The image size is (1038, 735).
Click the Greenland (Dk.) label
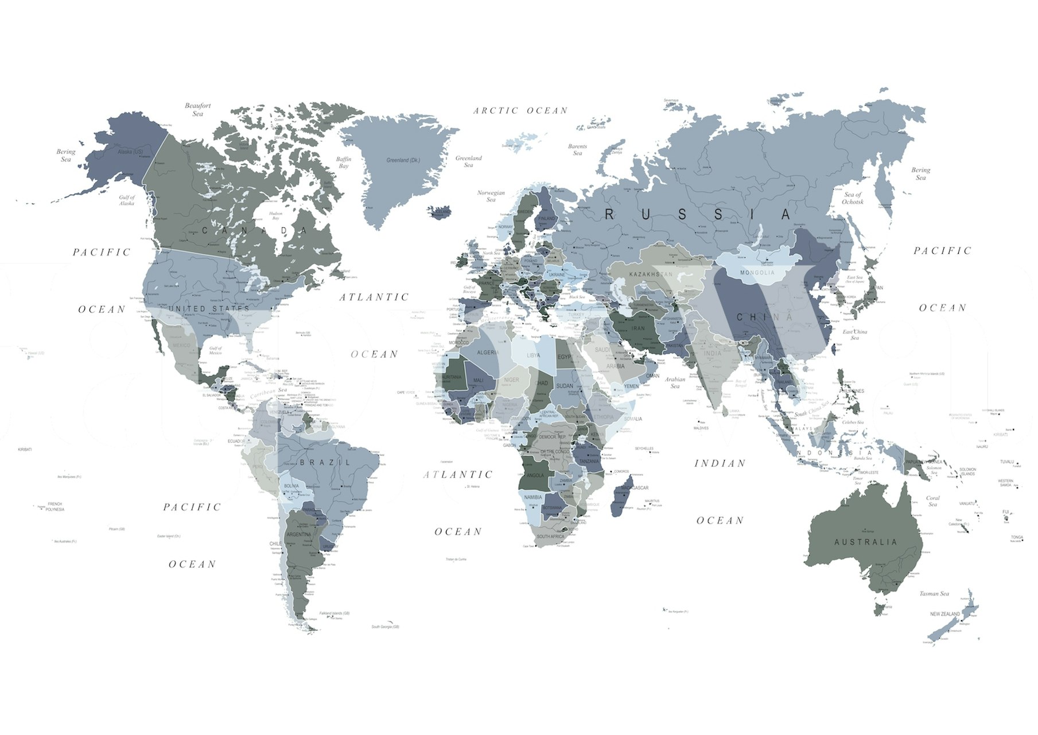coord(403,160)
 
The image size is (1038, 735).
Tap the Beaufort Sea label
coord(198,110)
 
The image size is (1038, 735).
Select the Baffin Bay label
coord(344,163)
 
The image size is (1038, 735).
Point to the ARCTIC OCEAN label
coord(520,110)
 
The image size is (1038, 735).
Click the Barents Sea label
coord(577,150)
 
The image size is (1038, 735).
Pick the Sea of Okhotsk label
coord(853,198)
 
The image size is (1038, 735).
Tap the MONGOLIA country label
coord(757,272)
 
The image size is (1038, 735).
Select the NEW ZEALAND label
coord(945,614)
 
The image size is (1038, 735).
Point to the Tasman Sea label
coord(934,594)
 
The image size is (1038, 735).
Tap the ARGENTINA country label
coord(298,535)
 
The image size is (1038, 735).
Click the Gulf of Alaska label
coord(127,200)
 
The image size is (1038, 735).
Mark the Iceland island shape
coord(440,212)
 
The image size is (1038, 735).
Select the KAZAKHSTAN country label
coord(651,274)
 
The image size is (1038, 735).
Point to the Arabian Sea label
coord(675,382)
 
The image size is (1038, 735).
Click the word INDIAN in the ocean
coord(720,463)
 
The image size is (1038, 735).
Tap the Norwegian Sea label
coord(491,196)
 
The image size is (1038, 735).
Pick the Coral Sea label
coord(933,501)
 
